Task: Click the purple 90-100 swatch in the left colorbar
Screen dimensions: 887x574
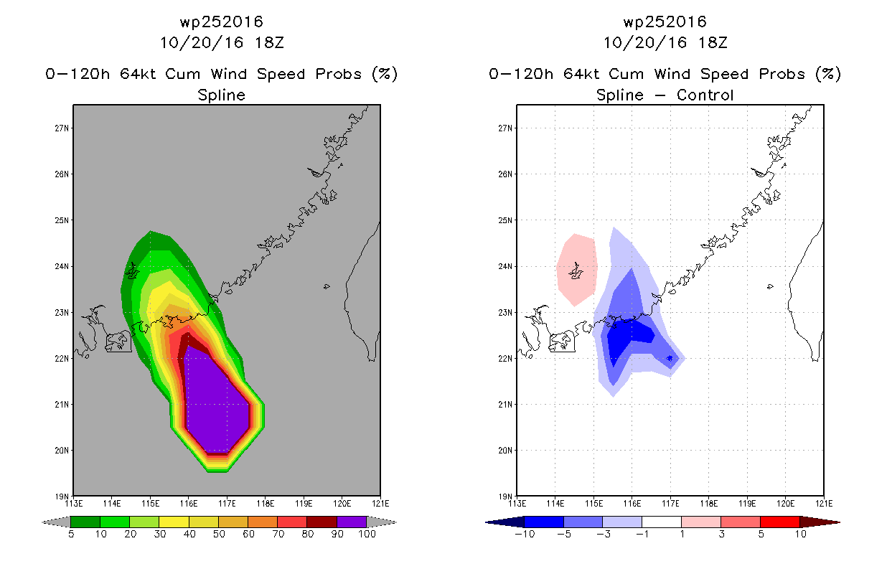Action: (352, 522)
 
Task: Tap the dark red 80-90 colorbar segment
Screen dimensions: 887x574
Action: (322, 522)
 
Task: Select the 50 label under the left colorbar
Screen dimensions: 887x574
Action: (219, 534)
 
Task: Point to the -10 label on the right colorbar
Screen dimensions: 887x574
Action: (525, 534)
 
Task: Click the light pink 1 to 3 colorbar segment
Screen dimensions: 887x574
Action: (701, 522)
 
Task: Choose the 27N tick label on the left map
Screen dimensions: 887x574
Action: (62, 128)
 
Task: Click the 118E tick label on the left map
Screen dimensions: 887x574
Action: (266, 504)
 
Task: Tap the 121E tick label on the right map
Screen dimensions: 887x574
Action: (824, 504)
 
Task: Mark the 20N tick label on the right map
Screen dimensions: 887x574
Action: (505, 451)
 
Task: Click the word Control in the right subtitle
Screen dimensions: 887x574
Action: (705, 95)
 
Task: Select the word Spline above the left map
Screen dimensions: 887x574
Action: (221, 95)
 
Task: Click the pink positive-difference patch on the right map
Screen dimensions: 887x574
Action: (576, 269)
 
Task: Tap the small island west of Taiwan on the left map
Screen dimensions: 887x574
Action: (327, 286)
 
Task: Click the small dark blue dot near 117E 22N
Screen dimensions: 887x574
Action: (670, 358)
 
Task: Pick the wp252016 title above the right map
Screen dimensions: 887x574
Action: (665, 22)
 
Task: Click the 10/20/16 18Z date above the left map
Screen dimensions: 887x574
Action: (222, 43)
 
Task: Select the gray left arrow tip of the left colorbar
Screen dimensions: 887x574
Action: (43, 522)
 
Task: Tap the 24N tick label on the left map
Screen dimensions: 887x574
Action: (62, 266)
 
